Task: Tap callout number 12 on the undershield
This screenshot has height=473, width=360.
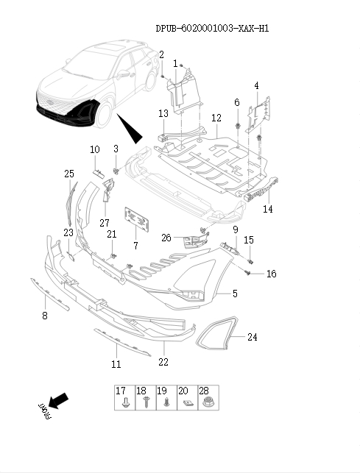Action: pos(216,118)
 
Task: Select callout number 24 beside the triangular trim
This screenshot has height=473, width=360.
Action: pos(253,338)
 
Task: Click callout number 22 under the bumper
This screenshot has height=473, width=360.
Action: pos(163,362)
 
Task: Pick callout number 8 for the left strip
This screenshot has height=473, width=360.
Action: pos(44,316)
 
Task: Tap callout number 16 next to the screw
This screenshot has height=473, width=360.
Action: pos(271,274)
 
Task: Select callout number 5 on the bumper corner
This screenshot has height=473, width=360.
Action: pos(235,294)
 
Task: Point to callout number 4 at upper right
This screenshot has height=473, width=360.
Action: pos(256,86)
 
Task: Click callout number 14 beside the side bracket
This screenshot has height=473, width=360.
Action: pos(267,209)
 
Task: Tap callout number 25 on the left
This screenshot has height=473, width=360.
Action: pos(69,174)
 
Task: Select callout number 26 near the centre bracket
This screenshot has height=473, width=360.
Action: pos(166,238)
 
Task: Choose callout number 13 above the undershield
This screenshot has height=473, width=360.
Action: pos(163,113)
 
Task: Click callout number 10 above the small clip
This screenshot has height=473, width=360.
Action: pos(95,150)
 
